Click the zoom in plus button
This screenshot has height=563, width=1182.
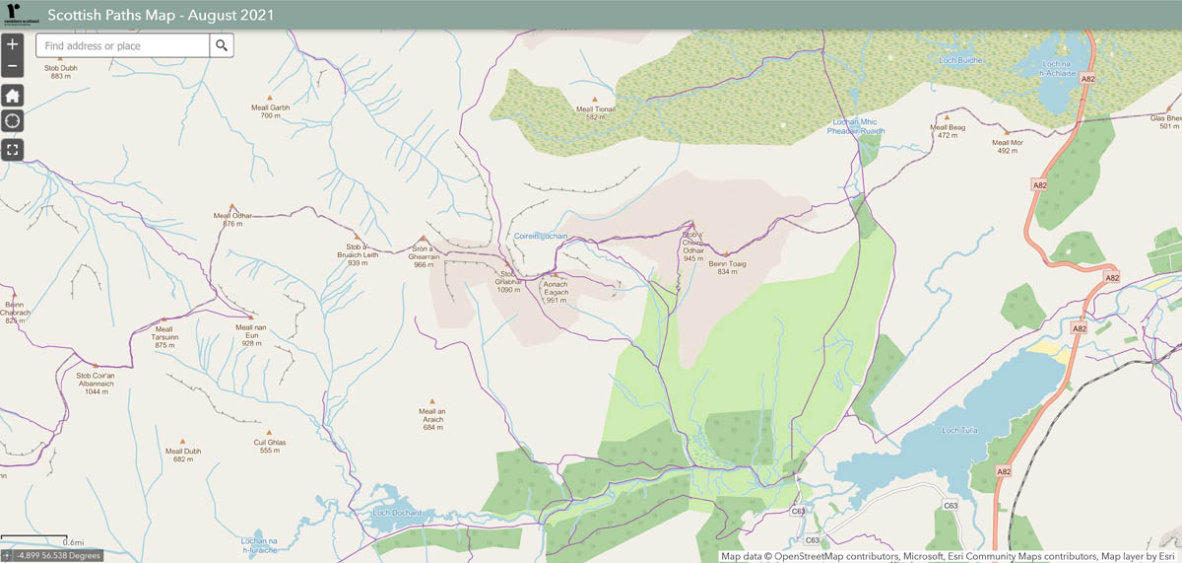click(x=12, y=44)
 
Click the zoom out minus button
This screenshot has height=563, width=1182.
click(x=12, y=67)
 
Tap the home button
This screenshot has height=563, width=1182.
click(x=12, y=96)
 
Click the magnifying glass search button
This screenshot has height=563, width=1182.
click(x=222, y=45)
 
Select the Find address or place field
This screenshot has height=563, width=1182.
click(x=122, y=45)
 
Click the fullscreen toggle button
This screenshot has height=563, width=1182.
click(x=12, y=150)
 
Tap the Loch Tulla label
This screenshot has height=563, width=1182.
click(x=960, y=430)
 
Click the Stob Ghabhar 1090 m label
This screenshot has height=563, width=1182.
click(x=508, y=282)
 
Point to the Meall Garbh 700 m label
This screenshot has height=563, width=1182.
click(x=270, y=111)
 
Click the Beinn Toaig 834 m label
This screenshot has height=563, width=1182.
click(x=727, y=267)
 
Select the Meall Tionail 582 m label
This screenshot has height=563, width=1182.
click(x=595, y=113)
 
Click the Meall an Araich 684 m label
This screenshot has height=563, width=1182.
click(x=433, y=419)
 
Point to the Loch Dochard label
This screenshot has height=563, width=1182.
click(x=397, y=513)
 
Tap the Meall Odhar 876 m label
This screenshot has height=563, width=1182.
click(x=232, y=219)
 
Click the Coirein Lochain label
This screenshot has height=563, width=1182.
click(x=542, y=237)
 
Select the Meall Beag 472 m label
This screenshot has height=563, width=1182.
click(x=949, y=131)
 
